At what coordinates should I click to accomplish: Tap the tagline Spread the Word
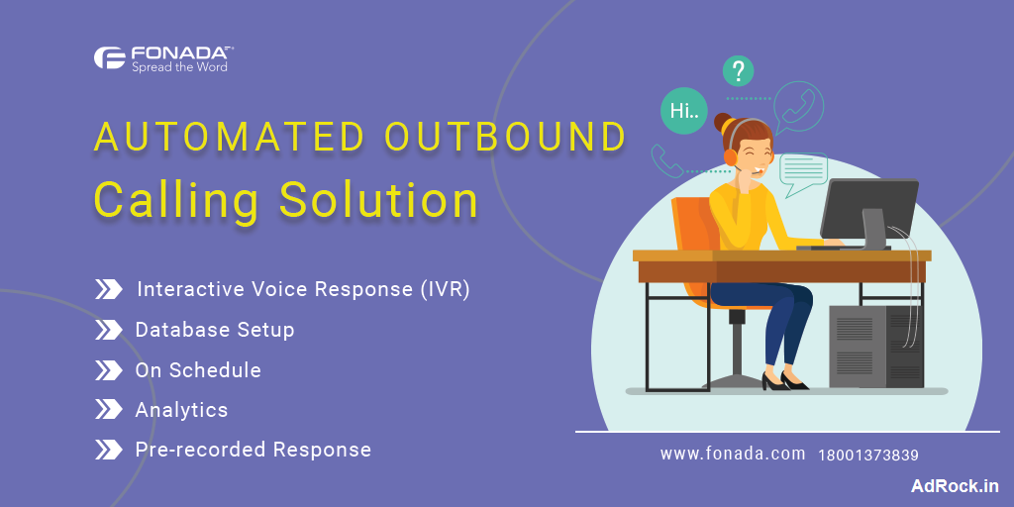(x=179, y=67)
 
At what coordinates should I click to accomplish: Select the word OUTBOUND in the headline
(x=505, y=138)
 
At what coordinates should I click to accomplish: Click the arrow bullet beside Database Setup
(x=108, y=330)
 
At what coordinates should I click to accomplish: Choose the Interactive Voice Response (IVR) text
(x=302, y=289)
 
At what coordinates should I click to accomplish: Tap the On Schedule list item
(x=198, y=370)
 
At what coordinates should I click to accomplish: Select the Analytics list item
(x=181, y=410)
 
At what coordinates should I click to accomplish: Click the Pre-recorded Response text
(x=253, y=450)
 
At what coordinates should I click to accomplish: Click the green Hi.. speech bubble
(x=683, y=111)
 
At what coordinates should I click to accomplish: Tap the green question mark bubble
(x=738, y=71)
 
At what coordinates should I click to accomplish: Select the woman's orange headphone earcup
(x=731, y=155)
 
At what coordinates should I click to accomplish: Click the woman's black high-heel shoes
(x=783, y=379)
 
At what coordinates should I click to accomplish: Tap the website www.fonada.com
(x=732, y=454)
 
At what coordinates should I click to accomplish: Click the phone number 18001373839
(x=868, y=456)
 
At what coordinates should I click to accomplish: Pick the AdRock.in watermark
(x=955, y=485)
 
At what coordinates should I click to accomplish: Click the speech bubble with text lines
(x=802, y=172)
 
